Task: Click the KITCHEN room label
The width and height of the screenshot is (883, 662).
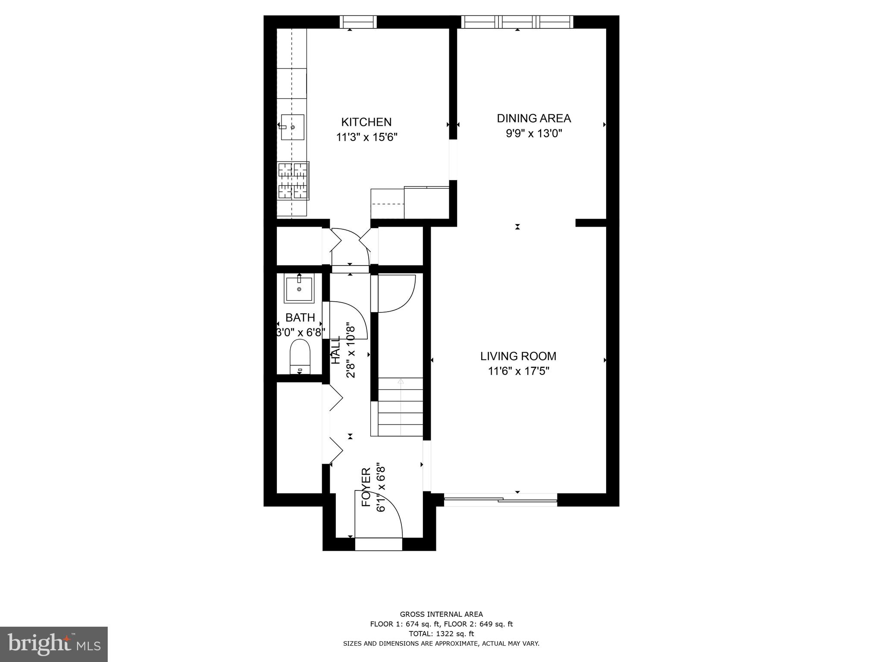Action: click(366, 122)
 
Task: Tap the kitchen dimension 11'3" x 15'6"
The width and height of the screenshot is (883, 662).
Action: click(366, 137)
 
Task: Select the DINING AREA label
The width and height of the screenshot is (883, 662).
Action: click(534, 118)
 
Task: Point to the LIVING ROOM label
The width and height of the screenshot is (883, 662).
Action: click(518, 356)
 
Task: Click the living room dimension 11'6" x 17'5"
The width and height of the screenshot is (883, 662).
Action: click(518, 371)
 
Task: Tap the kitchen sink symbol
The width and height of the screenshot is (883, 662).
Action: click(292, 127)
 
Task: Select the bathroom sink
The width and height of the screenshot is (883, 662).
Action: click(299, 289)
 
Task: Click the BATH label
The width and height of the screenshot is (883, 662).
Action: click(300, 318)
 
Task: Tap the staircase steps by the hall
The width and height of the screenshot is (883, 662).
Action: click(401, 407)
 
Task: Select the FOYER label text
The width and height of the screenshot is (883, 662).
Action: click(366, 487)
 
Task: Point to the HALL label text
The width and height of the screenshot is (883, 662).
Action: click(335, 350)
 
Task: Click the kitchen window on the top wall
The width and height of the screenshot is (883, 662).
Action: click(358, 22)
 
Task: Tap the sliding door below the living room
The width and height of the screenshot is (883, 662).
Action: click(500, 500)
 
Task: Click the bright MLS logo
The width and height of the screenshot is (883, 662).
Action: click(53, 644)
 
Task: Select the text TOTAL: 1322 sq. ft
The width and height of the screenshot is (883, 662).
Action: click(441, 634)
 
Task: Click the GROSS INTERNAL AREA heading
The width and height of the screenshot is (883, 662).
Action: click(441, 615)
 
